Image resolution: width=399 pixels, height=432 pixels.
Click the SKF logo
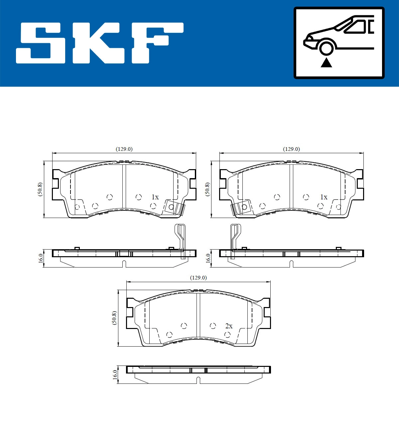pyautogui.click(x=100, y=43)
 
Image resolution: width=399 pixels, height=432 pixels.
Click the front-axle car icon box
pyautogui.click(x=339, y=43)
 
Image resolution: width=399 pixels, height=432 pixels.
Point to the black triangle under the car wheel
pyautogui.click(x=326, y=62)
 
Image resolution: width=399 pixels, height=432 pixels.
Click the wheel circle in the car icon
pyautogui.click(x=326, y=47)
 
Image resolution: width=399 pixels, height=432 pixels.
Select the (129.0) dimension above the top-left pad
pyautogui.click(x=124, y=149)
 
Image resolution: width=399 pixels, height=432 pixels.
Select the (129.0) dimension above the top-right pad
pyautogui.click(x=291, y=149)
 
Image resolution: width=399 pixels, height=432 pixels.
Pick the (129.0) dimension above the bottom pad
pyautogui.click(x=198, y=278)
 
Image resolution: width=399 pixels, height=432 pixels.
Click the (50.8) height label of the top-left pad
pyautogui.click(x=40, y=189)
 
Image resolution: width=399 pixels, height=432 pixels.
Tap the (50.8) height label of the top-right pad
pyautogui.click(x=207, y=189)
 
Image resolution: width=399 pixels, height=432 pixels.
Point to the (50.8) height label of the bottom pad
pyautogui.click(x=114, y=318)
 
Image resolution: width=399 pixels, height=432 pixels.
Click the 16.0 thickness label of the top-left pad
pyautogui.click(x=41, y=258)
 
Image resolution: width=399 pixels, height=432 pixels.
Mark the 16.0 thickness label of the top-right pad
pyautogui.click(x=208, y=258)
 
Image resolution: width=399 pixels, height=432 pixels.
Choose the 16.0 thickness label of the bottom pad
pyautogui.click(x=115, y=375)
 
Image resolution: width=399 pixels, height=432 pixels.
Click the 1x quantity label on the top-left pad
pyautogui.click(x=155, y=197)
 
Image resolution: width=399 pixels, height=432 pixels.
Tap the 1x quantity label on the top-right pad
pyautogui.click(x=324, y=197)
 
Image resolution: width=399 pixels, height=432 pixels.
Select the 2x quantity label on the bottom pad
pyautogui.click(x=229, y=326)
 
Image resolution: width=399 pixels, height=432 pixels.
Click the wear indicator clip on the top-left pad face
pyautogui.click(x=174, y=208)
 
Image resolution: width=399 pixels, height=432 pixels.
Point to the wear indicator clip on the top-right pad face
pyautogui.click(x=241, y=208)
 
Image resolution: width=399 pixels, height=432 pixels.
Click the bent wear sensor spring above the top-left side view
pyautogui.click(x=181, y=238)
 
